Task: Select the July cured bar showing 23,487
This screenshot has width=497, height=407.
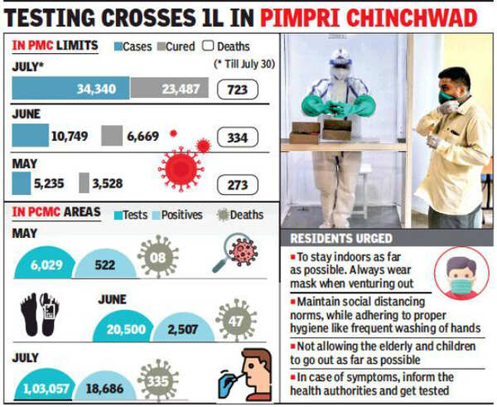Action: pyautogui.click(x=169, y=87)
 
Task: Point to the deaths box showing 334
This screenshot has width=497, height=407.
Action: pyautogui.click(x=238, y=136)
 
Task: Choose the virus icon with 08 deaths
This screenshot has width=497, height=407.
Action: pyautogui.click(x=159, y=259)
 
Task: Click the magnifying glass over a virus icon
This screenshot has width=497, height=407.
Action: pyautogui.click(x=236, y=252)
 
